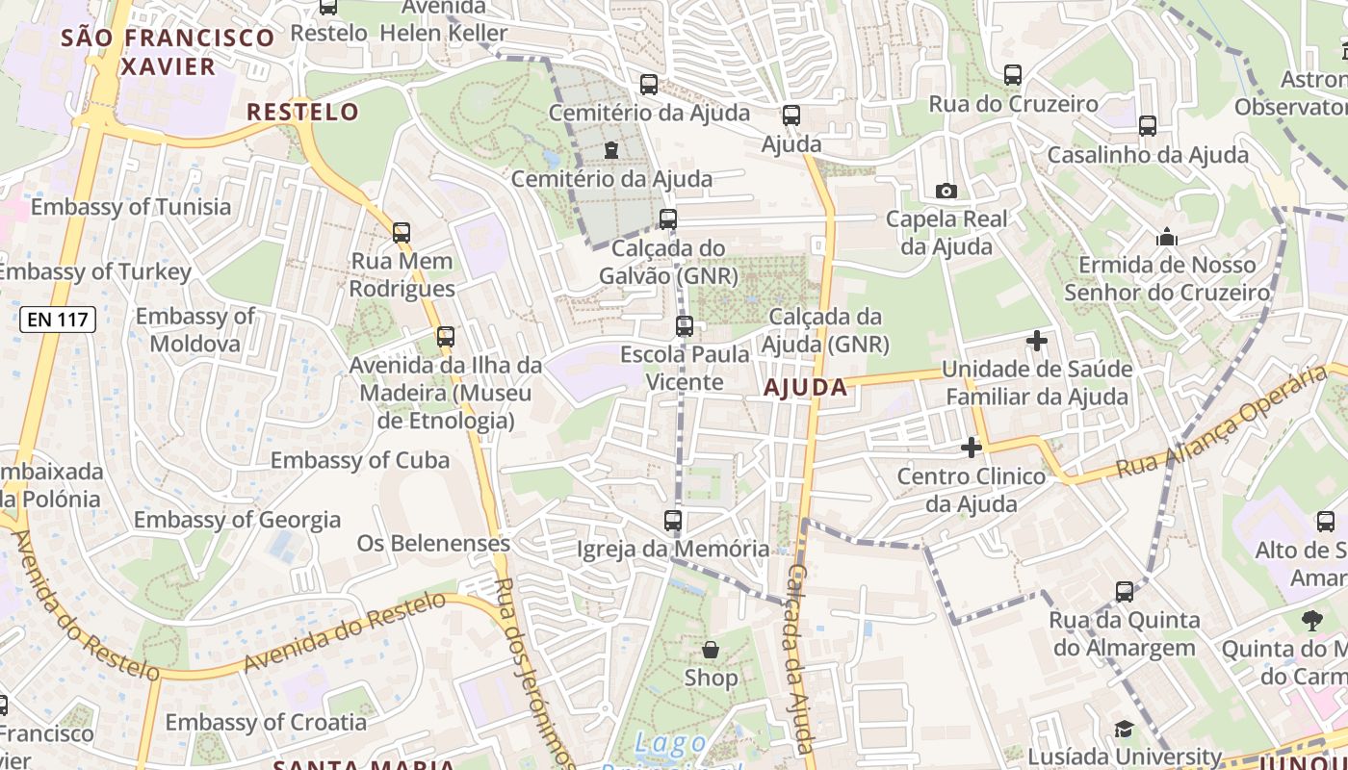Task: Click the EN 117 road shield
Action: click(58, 321)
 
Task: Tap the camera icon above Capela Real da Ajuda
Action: click(946, 191)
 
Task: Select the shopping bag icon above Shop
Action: click(711, 651)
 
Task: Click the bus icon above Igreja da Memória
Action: click(673, 521)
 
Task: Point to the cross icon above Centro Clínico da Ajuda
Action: click(972, 448)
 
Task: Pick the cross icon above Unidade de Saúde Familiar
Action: click(1037, 340)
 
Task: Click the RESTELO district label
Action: click(302, 112)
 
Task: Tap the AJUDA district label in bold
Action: click(806, 388)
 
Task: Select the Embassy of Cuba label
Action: click(359, 460)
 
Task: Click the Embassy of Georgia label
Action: click(237, 520)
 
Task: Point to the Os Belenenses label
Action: click(433, 543)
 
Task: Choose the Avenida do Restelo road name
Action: click(345, 632)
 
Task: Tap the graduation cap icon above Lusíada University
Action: click(1124, 729)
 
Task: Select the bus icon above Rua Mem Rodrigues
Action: click(402, 232)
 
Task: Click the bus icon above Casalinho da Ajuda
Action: click(1147, 125)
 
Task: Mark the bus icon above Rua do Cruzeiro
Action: click(1013, 74)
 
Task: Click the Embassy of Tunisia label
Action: click(131, 207)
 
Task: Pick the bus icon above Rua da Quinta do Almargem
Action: click(1125, 592)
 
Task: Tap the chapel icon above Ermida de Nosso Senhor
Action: click(1167, 237)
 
